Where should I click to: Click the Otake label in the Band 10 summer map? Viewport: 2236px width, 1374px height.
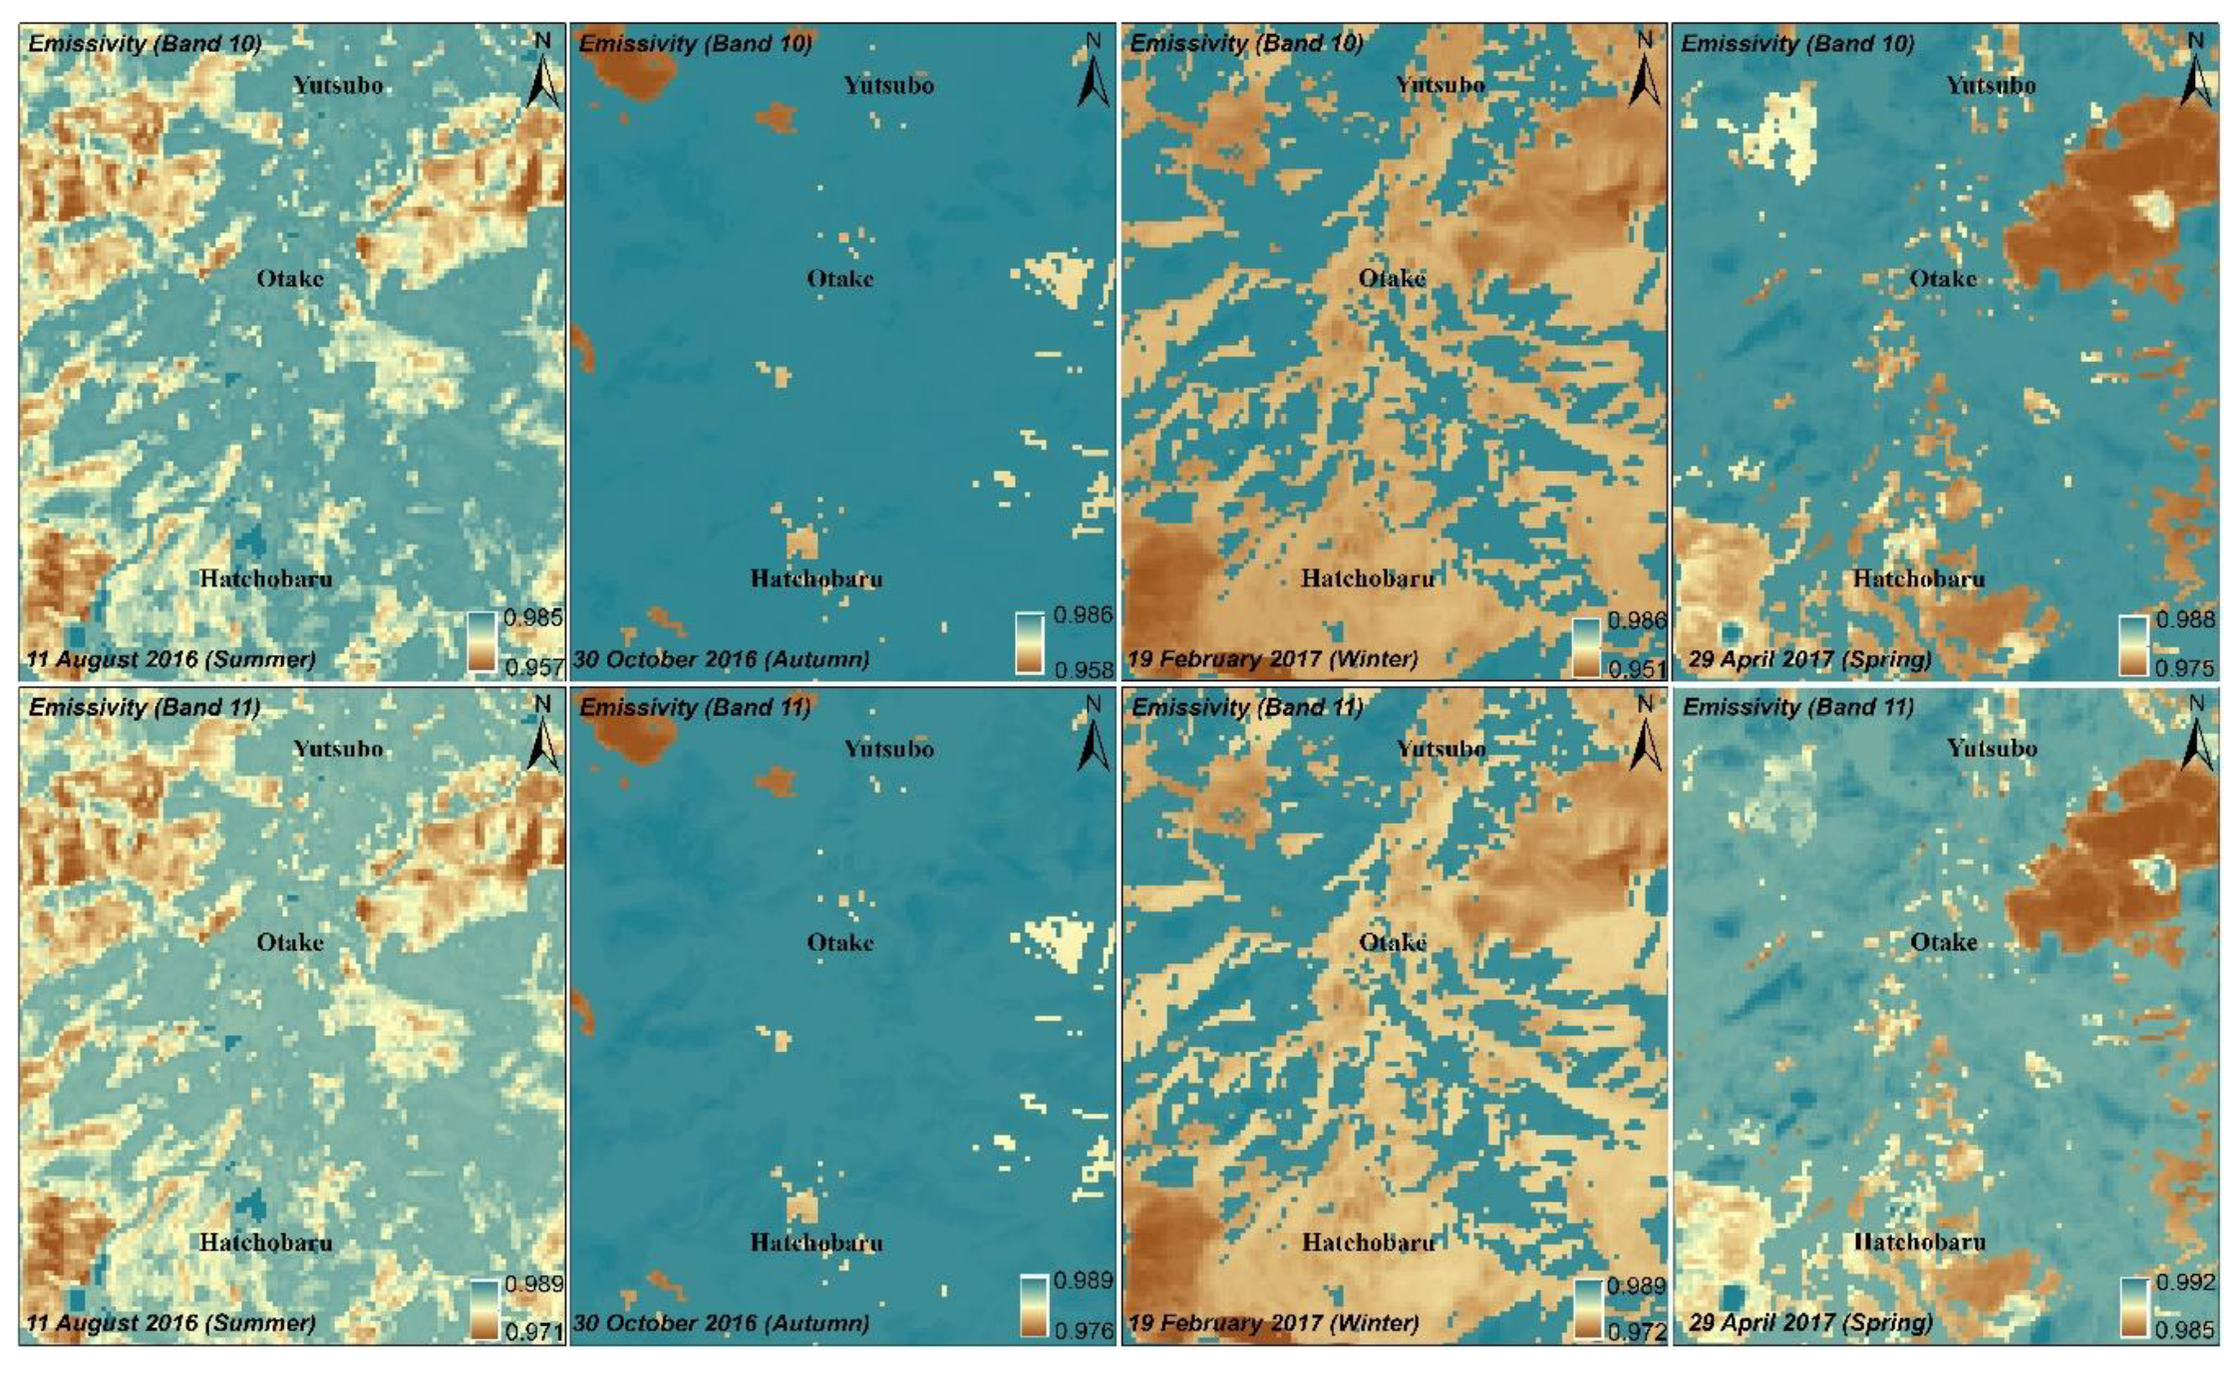point(290,278)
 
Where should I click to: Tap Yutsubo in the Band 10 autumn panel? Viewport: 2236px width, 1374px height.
point(888,85)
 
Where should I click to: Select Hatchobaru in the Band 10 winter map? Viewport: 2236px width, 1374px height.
point(1368,578)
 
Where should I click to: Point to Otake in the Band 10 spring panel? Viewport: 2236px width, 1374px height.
point(1943,278)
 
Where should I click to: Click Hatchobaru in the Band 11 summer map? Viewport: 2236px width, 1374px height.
point(266,1242)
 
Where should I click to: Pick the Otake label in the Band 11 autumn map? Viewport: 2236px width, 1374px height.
point(840,942)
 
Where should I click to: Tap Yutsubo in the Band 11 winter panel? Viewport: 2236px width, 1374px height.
point(1440,749)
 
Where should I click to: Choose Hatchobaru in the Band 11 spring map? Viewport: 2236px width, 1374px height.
point(1919,1242)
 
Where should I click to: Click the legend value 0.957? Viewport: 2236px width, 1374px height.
point(533,667)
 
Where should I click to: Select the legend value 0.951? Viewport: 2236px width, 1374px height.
point(1636,669)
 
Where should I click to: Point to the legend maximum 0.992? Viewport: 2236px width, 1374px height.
point(2185,1282)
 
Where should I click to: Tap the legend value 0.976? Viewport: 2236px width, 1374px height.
point(1085,1331)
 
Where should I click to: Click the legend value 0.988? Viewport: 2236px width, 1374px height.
point(2185,619)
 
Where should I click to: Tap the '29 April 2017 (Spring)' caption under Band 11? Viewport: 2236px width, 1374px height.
point(1810,1323)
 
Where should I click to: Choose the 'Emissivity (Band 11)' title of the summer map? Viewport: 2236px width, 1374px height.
point(145,707)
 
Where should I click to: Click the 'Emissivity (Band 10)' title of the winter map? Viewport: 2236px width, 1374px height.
point(1246,44)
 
